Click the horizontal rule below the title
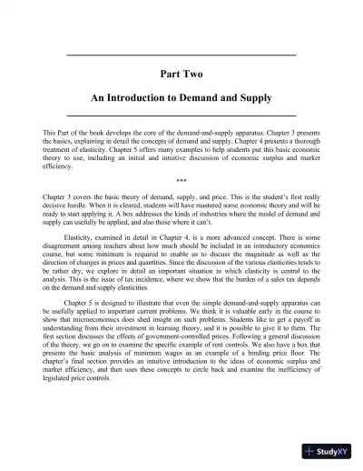pyautogui.click(x=181, y=115)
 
